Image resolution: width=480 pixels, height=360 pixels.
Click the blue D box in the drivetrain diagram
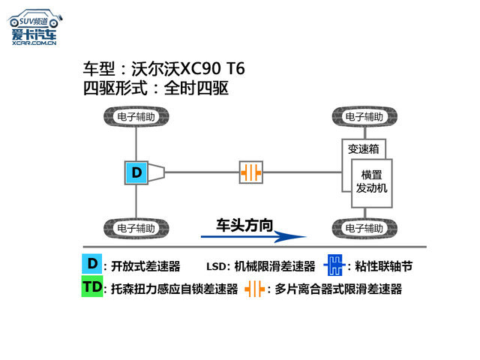pyautogui.click(x=136, y=172)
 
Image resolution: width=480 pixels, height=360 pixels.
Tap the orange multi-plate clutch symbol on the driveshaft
pyautogui.click(x=252, y=172)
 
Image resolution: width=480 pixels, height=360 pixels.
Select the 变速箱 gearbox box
pyautogui.click(x=363, y=149)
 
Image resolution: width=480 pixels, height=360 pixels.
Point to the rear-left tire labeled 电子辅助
pyautogui.click(x=136, y=117)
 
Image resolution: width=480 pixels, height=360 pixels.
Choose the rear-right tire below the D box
pyautogui.click(x=136, y=227)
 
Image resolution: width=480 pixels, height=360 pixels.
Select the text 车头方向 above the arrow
pyautogui.click(x=244, y=223)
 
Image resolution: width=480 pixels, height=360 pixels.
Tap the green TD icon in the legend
pyautogui.click(x=92, y=287)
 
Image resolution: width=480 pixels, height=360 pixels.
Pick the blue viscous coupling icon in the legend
pyautogui.click(x=334, y=265)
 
